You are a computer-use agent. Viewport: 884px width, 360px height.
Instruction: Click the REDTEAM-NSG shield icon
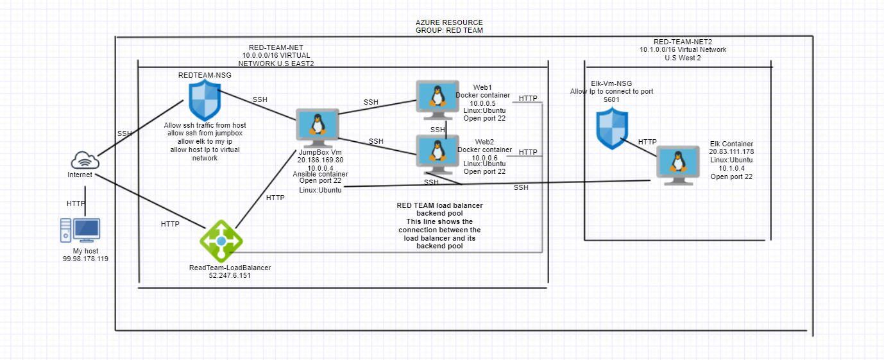pyautogui.click(x=203, y=100)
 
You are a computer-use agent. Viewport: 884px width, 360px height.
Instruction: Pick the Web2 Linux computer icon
pyautogui.click(x=437, y=151)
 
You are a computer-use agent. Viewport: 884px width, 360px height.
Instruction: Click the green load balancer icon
pyautogui.click(x=221, y=241)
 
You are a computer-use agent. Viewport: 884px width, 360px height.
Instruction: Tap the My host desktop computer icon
pyautogui.click(x=81, y=230)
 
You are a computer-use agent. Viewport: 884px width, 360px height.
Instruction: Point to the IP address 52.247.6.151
pyautogui.click(x=230, y=276)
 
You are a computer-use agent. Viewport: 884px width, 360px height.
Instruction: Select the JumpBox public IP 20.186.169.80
pyautogui.click(x=320, y=160)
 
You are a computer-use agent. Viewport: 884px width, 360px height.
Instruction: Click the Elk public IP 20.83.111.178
pyautogui.click(x=731, y=151)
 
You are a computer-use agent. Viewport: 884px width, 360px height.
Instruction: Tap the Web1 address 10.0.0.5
pyautogui.click(x=482, y=103)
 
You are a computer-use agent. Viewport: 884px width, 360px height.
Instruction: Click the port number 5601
pyautogui.click(x=611, y=99)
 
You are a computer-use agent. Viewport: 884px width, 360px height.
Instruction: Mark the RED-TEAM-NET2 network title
pyautogui.click(x=683, y=42)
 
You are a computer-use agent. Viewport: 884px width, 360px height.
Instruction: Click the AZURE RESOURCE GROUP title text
pyautogui.click(x=449, y=26)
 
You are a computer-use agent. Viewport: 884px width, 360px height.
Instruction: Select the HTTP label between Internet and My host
pyautogui.click(x=76, y=203)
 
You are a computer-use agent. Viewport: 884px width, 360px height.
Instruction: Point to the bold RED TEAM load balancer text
pyautogui.click(x=439, y=205)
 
